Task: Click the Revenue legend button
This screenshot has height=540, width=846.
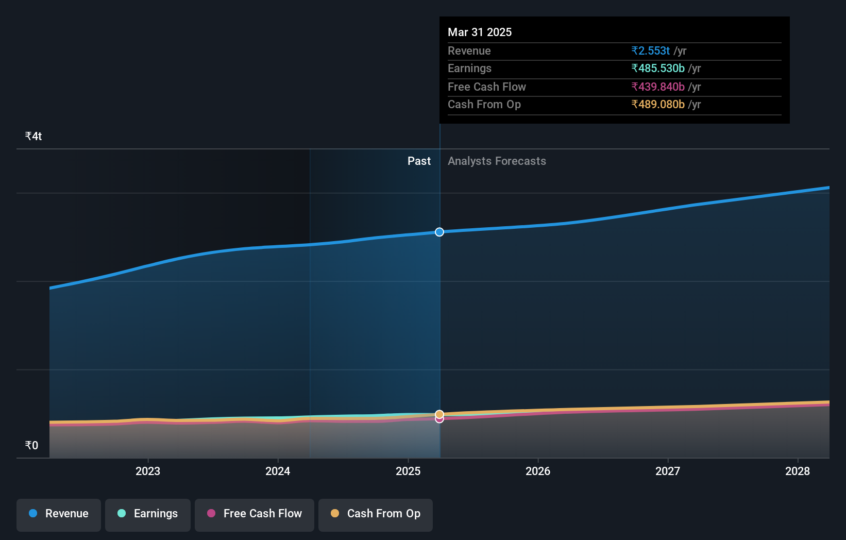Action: (x=59, y=514)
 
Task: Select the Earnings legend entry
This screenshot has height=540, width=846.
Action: (x=148, y=514)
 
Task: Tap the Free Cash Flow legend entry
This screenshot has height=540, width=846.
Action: (x=255, y=514)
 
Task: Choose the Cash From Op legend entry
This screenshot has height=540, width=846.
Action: (x=376, y=514)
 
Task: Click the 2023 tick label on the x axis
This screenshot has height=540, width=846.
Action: (x=148, y=471)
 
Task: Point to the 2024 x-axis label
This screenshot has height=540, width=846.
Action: (x=278, y=471)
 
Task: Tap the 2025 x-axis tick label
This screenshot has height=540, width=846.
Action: (x=408, y=471)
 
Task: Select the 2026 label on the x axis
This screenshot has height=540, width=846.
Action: (x=538, y=471)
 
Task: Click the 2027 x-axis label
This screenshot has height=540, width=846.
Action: (x=668, y=471)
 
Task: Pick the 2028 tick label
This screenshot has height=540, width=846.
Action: (x=798, y=471)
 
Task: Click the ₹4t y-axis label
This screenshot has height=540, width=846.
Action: (x=33, y=137)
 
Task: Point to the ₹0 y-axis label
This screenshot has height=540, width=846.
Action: (x=32, y=446)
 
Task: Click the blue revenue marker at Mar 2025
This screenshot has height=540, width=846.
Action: (x=439, y=232)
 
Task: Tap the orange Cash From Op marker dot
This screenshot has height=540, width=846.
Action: (x=439, y=414)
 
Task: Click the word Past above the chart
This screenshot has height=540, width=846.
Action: (x=419, y=161)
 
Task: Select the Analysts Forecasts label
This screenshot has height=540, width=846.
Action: (x=497, y=161)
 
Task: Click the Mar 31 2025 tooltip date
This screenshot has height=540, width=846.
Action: (x=480, y=32)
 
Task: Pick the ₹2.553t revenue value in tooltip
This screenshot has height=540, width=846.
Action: (x=651, y=51)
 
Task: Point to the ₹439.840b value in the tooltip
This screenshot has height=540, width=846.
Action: (x=658, y=87)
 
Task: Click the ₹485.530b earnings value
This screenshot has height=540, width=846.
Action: (x=658, y=69)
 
